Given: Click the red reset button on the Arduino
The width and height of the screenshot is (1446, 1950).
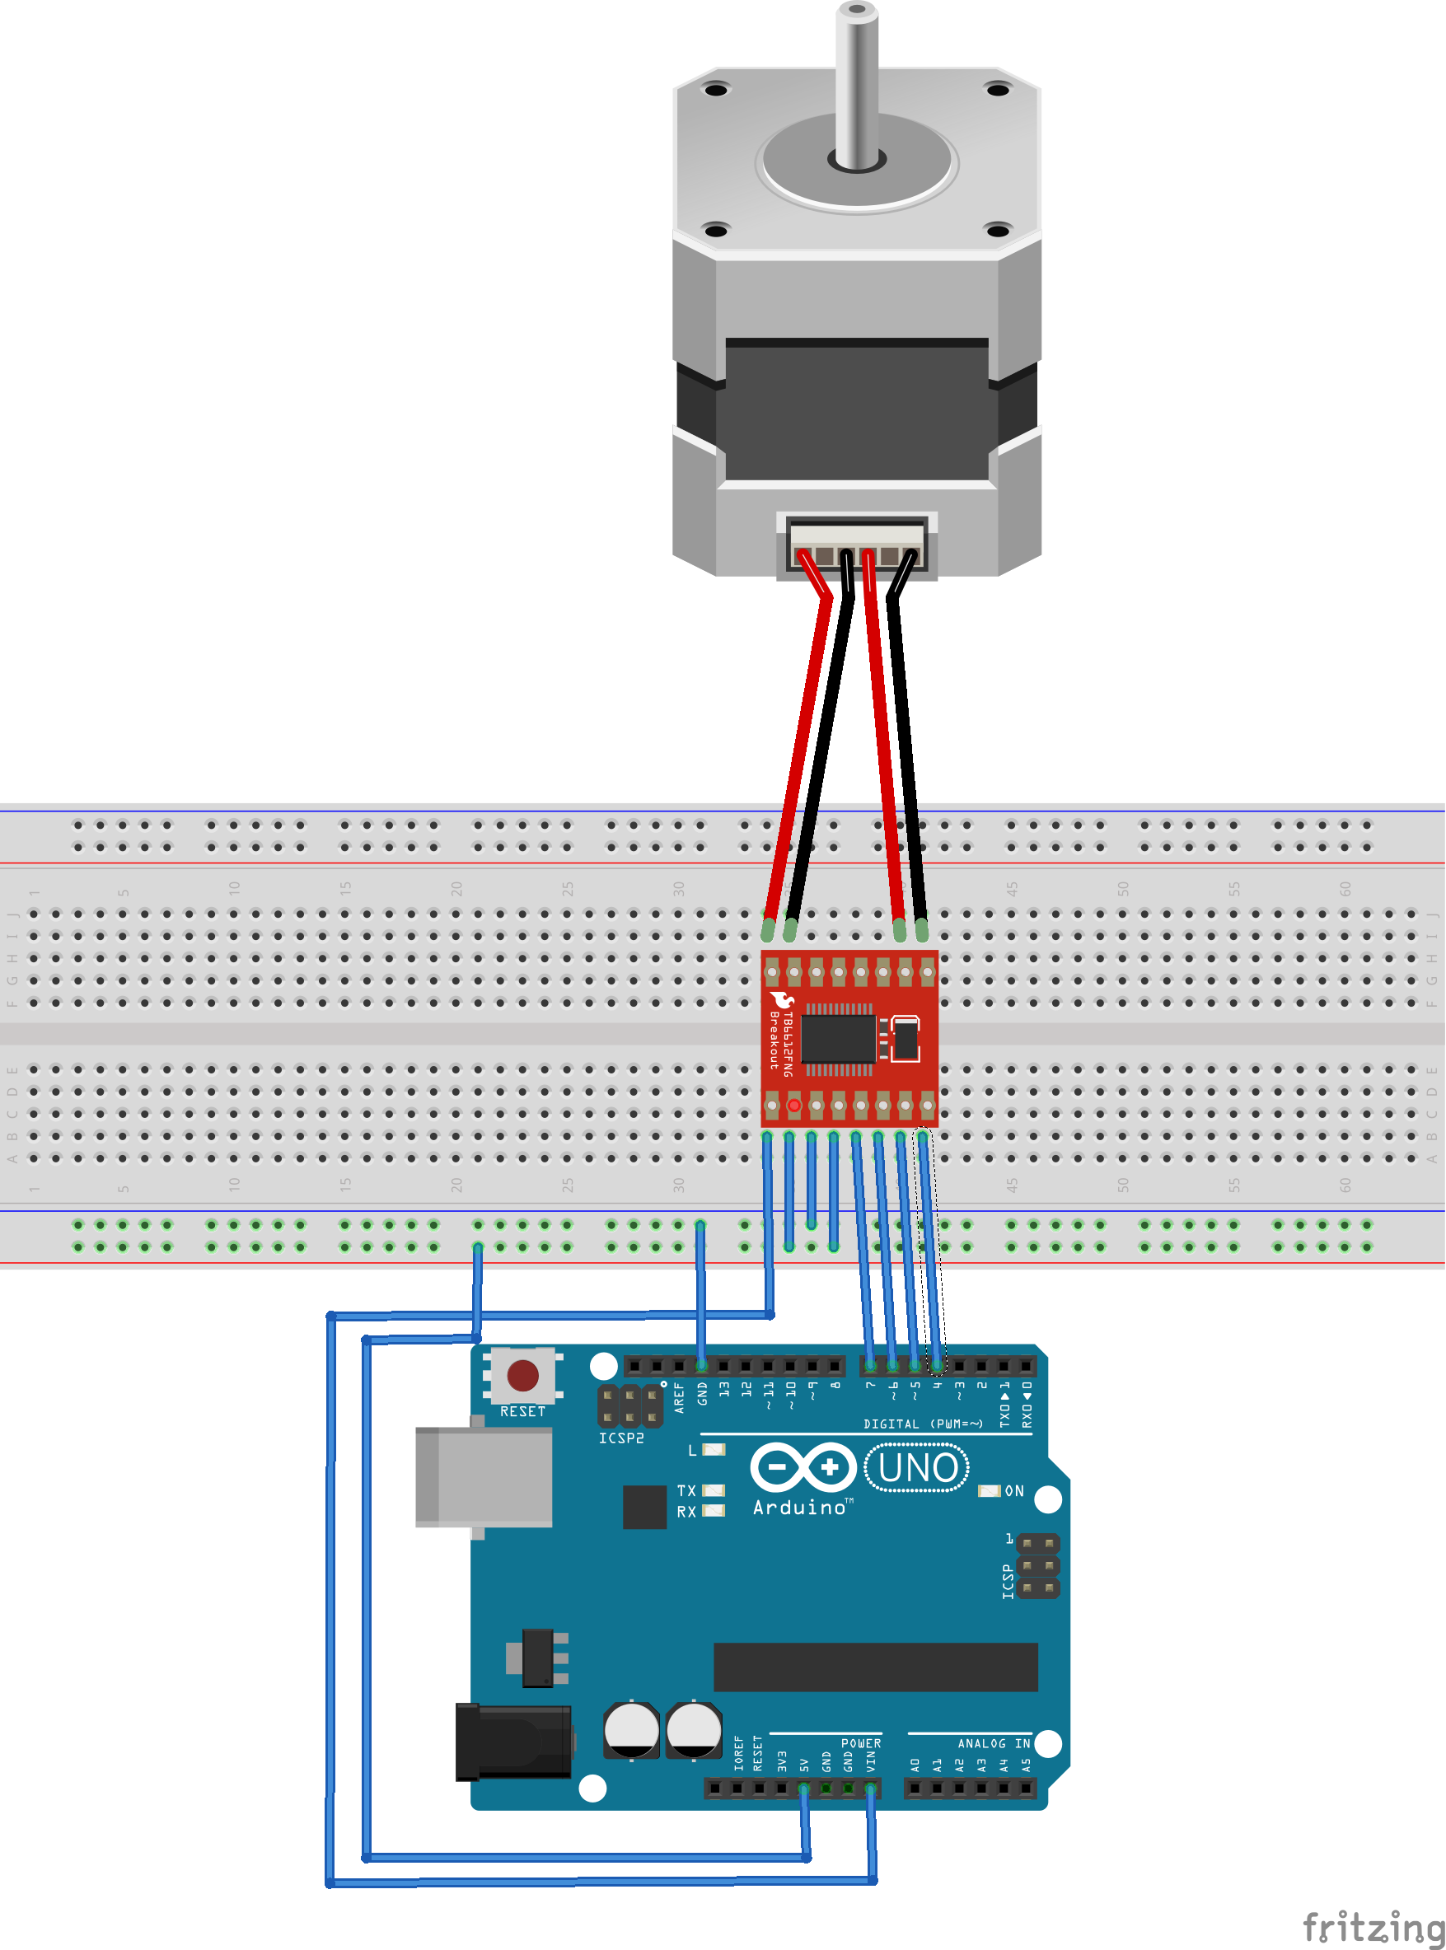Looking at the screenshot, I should point(522,1375).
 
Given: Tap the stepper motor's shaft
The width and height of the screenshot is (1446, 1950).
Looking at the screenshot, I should point(856,87).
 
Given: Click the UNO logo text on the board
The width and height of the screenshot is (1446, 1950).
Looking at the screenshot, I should point(916,1468).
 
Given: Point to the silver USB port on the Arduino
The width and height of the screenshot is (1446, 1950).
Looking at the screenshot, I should point(483,1477).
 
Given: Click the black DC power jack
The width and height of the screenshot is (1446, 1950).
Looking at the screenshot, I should point(513,1742).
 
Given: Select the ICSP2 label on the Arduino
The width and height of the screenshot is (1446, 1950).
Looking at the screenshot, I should point(620,1438).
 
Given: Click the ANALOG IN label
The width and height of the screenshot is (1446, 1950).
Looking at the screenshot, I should point(994,1743).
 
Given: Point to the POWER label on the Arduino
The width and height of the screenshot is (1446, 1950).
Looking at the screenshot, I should point(860,1743).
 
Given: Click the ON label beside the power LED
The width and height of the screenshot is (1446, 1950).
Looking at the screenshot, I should point(1013,1490).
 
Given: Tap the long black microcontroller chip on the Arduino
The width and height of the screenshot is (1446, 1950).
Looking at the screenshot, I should point(875,1667).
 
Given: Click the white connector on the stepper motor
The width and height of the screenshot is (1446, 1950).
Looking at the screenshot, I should point(856,545).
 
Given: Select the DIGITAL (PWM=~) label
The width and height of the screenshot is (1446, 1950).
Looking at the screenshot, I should point(923,1424).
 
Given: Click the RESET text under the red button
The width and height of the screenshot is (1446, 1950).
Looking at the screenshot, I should point(522,1412).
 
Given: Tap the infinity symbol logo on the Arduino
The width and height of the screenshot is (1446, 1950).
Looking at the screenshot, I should point(803,1467).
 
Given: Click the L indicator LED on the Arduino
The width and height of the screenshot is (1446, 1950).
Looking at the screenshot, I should point(714,1449).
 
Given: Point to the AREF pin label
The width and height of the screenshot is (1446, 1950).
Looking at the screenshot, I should point(679,1398).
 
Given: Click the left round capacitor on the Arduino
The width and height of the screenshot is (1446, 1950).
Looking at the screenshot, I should point(631,1728).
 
